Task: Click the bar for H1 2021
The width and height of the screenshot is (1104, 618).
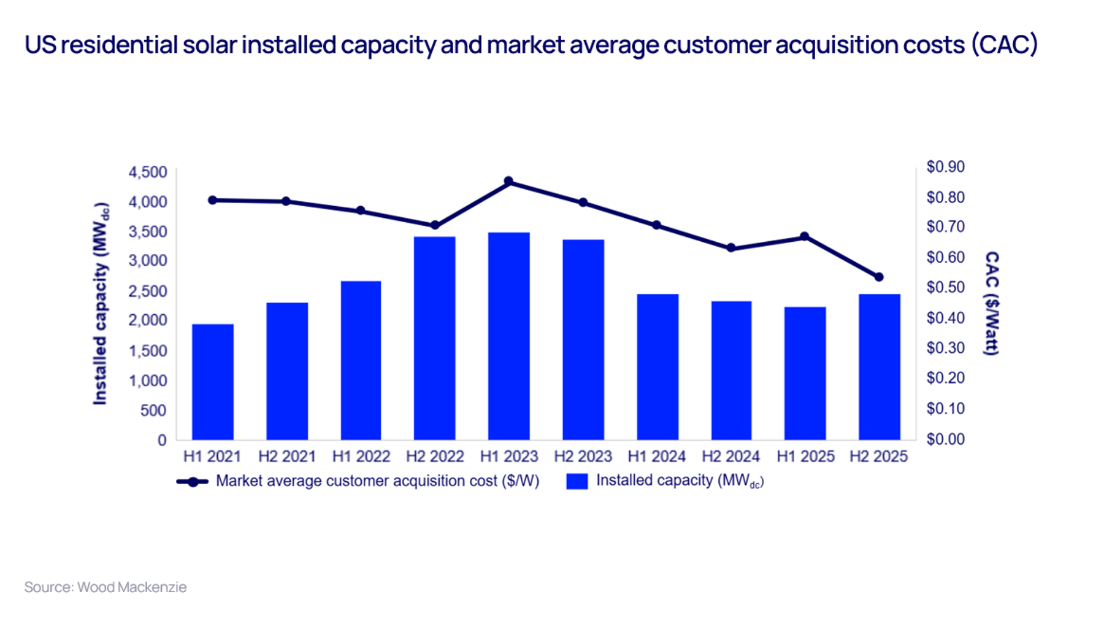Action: [212, 382]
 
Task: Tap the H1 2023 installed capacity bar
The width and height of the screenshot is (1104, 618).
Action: [508, 336]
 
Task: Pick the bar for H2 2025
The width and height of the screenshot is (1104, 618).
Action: [879, 366]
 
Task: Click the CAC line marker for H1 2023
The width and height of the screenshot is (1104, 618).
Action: [508, 182]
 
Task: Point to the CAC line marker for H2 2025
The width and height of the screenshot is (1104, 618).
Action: [879, 277]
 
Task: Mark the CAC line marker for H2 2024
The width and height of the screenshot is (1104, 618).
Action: [731, 248]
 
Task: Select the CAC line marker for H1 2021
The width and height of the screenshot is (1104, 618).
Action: [212, 200]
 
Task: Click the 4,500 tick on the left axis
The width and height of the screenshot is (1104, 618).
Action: [148, 172]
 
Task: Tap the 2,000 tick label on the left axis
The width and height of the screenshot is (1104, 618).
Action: [148, 320]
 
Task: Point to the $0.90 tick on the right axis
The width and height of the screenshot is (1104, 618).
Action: [945, 167]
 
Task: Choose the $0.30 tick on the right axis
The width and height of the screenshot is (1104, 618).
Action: [945, 348]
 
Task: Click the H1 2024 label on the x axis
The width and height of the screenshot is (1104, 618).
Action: [656, 457]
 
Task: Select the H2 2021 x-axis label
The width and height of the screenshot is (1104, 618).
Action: [286, 457]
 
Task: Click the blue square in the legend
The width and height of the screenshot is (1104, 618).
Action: [577, 481]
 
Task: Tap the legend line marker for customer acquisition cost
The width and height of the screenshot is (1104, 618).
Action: [193, 482]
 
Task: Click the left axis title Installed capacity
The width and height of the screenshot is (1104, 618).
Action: [100, 304]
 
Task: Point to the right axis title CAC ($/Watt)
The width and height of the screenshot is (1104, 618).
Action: [991, 303]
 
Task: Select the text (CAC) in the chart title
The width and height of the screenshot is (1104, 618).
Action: [1004, 45]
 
